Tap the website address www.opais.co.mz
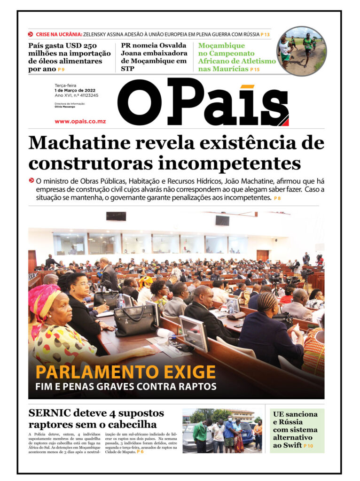point(80,121)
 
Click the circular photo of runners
point(301,51)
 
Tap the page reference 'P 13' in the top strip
point(266,34)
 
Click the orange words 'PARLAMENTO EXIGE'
point(125,372)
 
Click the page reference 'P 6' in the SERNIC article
point(140,451)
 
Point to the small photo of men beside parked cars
point(222,430)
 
